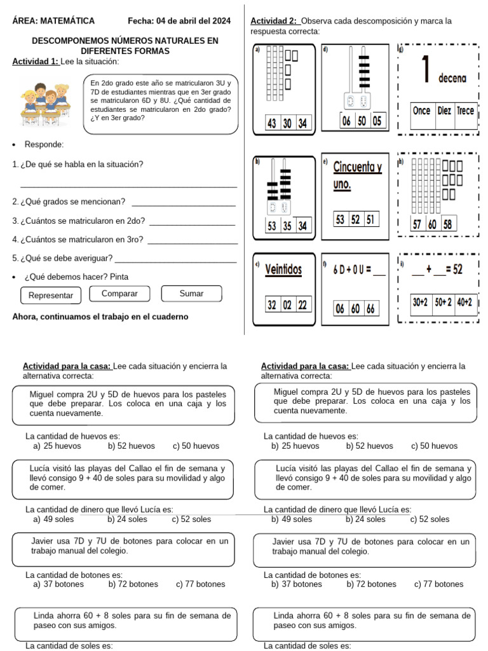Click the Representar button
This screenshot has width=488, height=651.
[x=51, y=296]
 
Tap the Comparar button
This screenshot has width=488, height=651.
[x=119, y=294]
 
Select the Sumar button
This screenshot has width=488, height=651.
[x=191, y=294]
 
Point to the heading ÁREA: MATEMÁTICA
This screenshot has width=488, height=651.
[x=53, y=21]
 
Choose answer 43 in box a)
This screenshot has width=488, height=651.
[x=271, y=124]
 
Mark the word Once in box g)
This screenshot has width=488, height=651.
[x=421, y=111]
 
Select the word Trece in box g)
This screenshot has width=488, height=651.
[x=465, y=111]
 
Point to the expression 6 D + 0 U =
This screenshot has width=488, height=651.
[x=353, y=270]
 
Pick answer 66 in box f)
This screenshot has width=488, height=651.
[x=370, y=309]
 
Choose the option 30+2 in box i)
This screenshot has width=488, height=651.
[x=420, y=303]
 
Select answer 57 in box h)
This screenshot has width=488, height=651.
[x=417, y=224]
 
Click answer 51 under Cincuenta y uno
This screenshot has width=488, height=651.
[x=370, y=219]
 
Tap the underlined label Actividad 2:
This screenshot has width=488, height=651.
[x=274, y=21]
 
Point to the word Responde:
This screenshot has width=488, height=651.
[x=44, y=144]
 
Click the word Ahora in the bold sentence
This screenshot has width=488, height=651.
[x=25, y=317]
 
